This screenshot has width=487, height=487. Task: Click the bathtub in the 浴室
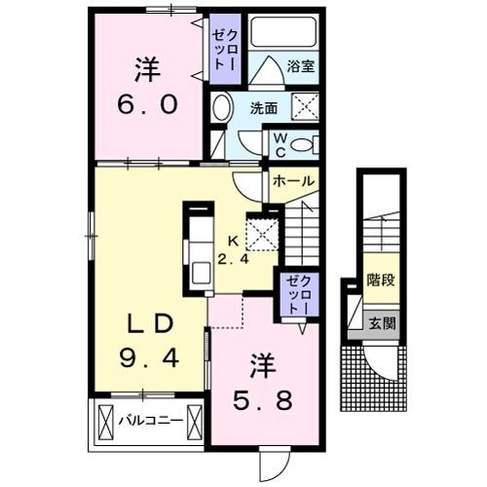point(283,32)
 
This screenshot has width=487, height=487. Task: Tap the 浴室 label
point(301,66)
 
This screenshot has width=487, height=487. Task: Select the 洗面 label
point(264,108)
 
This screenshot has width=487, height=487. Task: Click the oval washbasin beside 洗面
point(222,107)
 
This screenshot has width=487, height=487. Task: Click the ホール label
point(294,181)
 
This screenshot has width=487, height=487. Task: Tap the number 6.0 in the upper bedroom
point(148,104)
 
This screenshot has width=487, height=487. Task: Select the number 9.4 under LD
point(149,357)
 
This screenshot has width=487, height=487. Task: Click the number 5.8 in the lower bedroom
point(263,399)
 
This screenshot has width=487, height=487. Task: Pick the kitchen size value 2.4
point(233,259)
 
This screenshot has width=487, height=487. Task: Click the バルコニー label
point(150,421)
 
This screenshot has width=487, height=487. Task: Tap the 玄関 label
point(382,323)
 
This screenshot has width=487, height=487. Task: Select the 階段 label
point(381,280)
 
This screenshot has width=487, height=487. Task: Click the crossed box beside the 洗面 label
point(305,106)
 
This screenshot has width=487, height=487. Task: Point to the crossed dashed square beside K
point(262,235)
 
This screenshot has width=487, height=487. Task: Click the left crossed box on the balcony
point(105,422)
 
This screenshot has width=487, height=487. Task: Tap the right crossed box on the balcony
point(195,422)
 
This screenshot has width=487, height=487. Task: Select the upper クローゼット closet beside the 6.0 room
point(225,49)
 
